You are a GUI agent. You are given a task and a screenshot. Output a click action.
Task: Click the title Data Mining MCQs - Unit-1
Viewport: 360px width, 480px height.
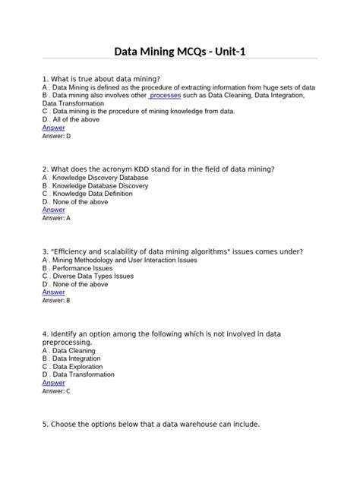coord(180,52)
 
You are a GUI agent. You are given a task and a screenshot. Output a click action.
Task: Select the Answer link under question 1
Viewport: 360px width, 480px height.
coord(53,128)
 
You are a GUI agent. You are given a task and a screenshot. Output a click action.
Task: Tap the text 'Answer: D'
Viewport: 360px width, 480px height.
coord(56,136)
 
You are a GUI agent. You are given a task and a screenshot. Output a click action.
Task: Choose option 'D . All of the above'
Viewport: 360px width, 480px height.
coord(75,119)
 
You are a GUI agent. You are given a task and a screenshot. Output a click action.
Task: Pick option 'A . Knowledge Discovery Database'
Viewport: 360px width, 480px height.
coord(95,178)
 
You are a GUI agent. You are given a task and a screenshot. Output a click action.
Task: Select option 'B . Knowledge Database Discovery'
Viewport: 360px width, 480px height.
coord(95,186)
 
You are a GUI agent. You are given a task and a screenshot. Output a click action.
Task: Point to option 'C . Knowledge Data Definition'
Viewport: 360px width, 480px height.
coord(89,194)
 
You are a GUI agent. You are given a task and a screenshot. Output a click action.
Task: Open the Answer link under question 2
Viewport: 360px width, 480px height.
coord(53,210)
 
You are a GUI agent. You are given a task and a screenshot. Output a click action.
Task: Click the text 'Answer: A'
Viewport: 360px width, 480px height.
coord(56,218)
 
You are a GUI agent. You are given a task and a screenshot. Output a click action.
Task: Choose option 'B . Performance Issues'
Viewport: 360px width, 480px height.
coord(77,268)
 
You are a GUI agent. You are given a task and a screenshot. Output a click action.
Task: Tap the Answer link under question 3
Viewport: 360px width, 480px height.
coord(53,292)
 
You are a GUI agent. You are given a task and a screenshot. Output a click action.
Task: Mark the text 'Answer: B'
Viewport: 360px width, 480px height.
coord(56,301)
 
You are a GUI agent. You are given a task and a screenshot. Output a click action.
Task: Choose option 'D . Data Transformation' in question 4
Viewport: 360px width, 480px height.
coord(78,375)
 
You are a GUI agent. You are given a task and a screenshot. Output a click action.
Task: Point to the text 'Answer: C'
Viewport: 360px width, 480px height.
coord(56,391)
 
